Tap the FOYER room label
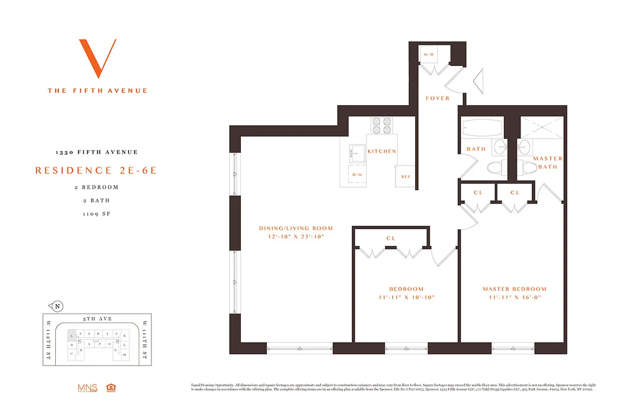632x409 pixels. (437, 98)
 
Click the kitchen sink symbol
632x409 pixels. (356, 152)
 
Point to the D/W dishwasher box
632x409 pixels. (357, 174)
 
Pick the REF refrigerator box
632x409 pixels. (405, 177)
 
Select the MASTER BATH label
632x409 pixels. (548, 163)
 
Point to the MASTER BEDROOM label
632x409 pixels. (514, 289)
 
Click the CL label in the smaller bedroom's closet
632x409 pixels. (391, 238)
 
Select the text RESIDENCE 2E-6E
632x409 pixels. (96, 170)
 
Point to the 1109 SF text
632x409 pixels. (97, 214)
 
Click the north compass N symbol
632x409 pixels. (57, 307)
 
